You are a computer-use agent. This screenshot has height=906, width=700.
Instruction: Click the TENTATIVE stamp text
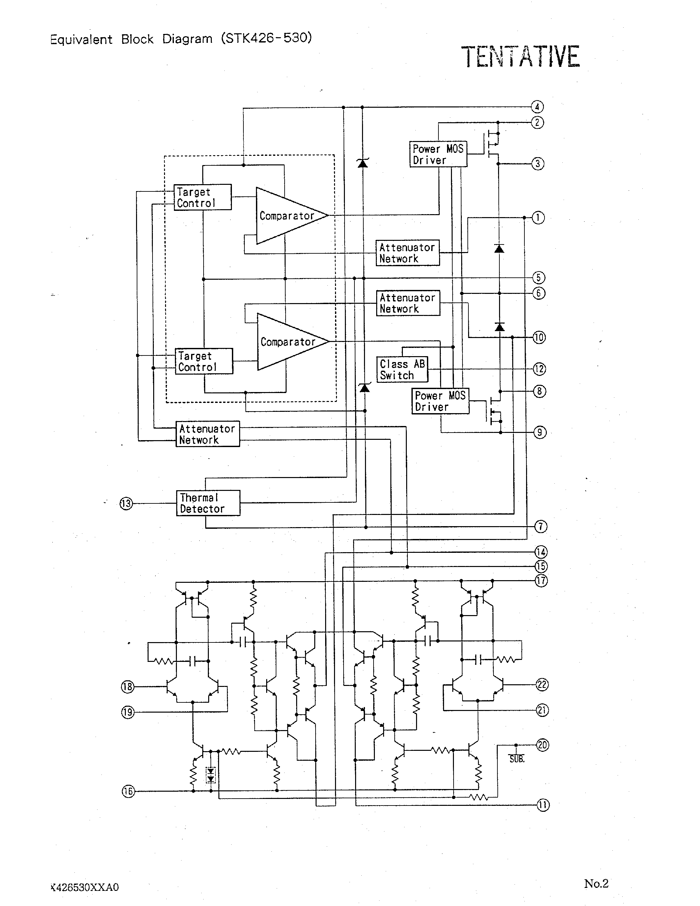pos(520,57)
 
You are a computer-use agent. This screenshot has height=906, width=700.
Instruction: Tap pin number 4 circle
pos(537,107)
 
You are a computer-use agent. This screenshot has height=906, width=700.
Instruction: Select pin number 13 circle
pos(126,504)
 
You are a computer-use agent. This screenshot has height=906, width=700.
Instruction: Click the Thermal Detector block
pos(208,503)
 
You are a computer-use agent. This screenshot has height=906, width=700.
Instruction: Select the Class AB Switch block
pos(402,369)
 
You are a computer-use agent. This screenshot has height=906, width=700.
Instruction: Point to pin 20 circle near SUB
pos(543,745)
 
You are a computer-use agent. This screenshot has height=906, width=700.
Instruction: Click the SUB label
pos(517,759)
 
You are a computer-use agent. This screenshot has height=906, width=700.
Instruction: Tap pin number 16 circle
pos(128,791)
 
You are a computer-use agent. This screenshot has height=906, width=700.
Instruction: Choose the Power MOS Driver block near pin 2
pos(438,154)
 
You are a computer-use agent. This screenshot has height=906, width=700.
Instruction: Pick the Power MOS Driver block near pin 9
pos(440,401)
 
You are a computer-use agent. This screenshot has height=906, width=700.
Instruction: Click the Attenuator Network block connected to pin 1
pos(407,253)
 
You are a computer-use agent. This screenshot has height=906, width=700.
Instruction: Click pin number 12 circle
pos(539,369)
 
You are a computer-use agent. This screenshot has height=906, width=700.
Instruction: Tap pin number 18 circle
pos(127,687)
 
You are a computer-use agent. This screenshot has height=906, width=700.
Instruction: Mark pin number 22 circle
pos(542,685)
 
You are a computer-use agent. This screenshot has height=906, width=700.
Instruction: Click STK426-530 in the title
pos(266,38)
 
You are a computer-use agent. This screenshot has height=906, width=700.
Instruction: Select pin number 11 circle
pos(543,805)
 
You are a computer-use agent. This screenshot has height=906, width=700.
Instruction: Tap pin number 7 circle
pos(540,527)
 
